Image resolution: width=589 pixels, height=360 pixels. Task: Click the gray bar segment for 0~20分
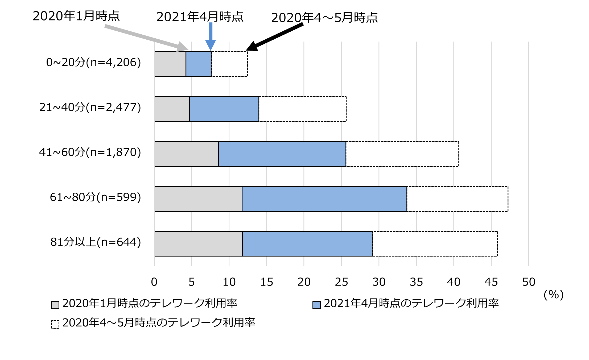point(170,64)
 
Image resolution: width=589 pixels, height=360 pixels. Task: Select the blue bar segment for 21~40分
point(224,109)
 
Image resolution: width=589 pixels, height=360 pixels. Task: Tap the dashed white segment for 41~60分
point(402,154)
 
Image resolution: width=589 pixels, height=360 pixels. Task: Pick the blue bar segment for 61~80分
point(324,199)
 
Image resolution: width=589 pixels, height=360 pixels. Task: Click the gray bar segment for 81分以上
point(198,244)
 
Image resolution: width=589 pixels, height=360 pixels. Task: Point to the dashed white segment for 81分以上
point(435,244)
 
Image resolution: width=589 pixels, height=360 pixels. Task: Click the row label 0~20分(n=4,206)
point(93,63)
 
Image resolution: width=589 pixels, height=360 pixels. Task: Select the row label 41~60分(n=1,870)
point(90,152)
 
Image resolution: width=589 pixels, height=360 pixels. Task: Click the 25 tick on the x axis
point(341,282)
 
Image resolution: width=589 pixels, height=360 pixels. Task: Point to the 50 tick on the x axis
point(529,282)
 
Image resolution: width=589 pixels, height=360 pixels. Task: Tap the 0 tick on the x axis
point(154,282)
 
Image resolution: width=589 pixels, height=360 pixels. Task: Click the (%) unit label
point(553,295)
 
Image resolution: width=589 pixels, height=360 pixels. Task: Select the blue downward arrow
point(211,36)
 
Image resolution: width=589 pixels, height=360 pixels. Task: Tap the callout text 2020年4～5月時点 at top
point(324,18)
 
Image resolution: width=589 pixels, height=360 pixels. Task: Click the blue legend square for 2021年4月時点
point(316,305)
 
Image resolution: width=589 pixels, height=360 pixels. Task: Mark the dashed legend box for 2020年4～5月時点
point(55,324)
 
